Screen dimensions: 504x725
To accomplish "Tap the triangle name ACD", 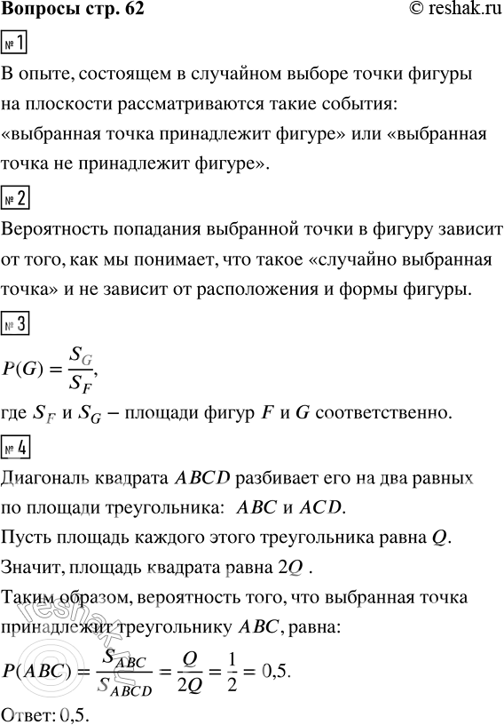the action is click(319, 507).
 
